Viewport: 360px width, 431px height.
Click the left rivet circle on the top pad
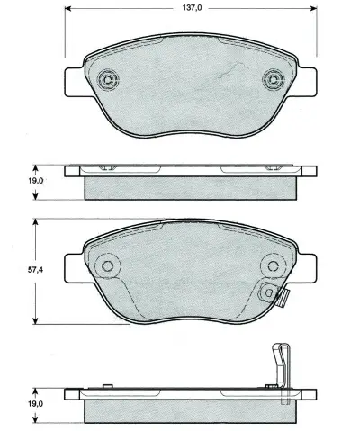tap(110, 80)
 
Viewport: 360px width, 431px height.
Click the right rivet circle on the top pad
tap(271, 80)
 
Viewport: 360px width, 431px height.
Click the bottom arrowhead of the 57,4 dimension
tap(34, 323)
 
